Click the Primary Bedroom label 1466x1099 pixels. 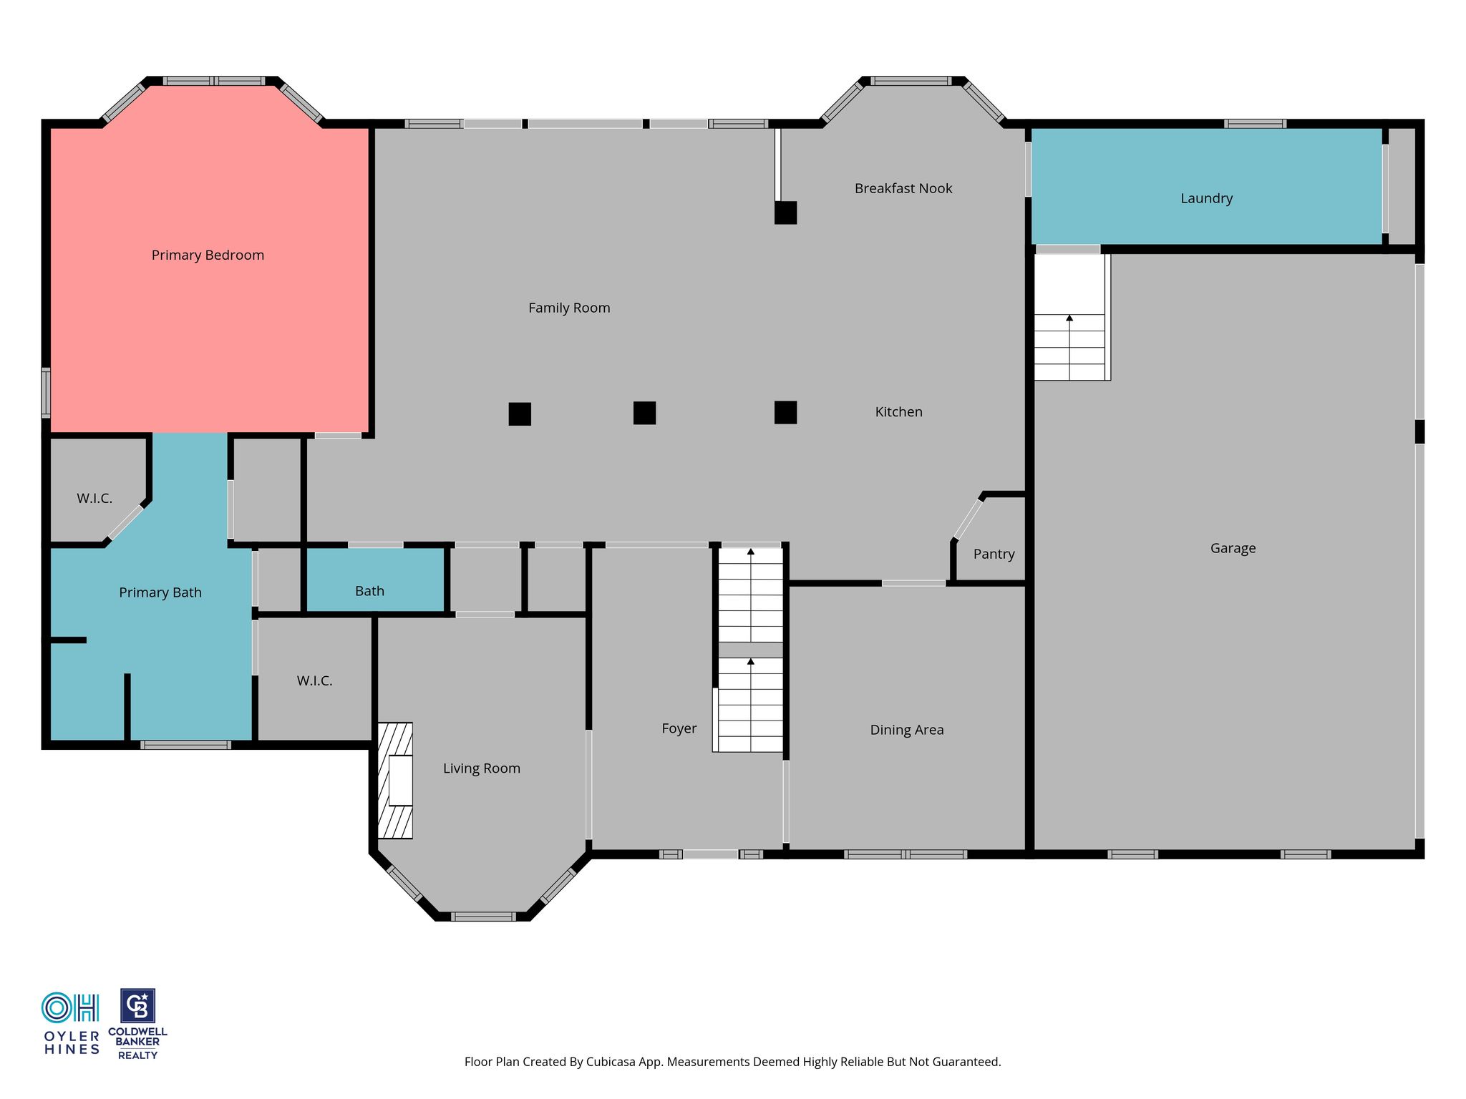[x=208, y=255]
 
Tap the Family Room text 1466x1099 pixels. [x=569, y=308]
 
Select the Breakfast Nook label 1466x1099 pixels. [x=903, y=188]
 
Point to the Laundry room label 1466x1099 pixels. [x=1206, y=199]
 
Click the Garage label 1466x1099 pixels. [x=1233, y=549]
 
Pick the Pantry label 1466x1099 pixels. [x=994, y=555]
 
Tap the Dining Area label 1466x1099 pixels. [x=907, y=731]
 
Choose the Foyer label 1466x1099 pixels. [x=679, y=729]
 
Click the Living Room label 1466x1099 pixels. [x=481, y=768]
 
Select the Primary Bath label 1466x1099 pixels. [x=160, y=592]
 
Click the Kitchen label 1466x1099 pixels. [x=898, y=412]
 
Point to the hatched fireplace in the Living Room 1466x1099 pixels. [x=395, y=781]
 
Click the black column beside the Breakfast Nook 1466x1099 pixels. [x=785, y=213]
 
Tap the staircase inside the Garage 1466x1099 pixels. [x=1072, y=317]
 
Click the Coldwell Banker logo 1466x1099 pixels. [x=137, y=1024]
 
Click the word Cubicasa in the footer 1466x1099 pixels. [x=612, y=1063]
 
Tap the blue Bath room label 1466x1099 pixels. [x=369, y=592]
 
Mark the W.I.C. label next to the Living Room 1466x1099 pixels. [x=314, y=681]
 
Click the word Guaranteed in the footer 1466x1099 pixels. [x=965, y=1062]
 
